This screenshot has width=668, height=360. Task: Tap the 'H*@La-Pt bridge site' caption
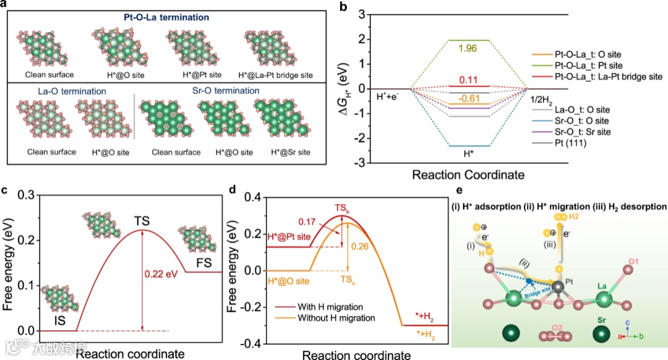[x=275, y=75]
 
